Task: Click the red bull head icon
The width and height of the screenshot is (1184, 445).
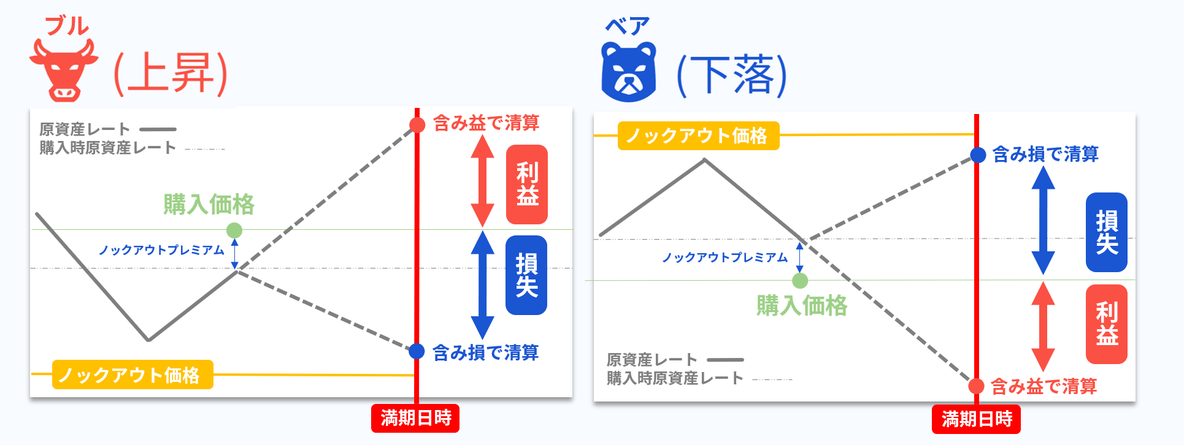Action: pos(64,70)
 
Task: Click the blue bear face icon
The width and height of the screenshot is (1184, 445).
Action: pos(629,72)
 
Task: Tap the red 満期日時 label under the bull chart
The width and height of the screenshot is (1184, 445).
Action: pos(415,418)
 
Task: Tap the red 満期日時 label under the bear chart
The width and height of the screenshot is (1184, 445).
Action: pos(976,419)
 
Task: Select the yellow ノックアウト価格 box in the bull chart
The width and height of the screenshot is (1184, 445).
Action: pos(133,375)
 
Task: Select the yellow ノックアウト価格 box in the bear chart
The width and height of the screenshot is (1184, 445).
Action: pos(699,135)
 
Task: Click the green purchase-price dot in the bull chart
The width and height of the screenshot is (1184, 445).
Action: pos(234,230)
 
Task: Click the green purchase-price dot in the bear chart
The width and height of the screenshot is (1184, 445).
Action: pos(800,281)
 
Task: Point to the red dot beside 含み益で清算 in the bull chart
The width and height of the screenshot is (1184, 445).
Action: pos(417,125)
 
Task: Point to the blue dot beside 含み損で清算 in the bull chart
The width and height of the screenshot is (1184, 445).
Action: pos(417,351)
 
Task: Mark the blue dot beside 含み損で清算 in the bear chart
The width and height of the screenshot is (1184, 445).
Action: pos(978,155)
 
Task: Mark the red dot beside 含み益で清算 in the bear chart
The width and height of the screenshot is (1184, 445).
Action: pos(977,386)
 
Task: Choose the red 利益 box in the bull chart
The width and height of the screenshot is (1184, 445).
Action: pos(527,184)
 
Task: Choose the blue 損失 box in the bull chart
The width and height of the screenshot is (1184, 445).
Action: pos(526,275)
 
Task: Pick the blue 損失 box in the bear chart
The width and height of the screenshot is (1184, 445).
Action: pos(1107,232)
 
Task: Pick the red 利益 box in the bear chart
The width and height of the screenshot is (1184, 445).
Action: pos(1107,324)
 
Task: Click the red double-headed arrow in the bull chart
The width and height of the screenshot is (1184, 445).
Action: pos(482,181)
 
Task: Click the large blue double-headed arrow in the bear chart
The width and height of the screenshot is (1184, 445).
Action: pos(1043,220)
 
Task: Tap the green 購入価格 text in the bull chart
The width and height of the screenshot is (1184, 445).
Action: pos(209,204)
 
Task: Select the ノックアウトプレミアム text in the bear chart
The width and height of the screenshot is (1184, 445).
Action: pos(725,257)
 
